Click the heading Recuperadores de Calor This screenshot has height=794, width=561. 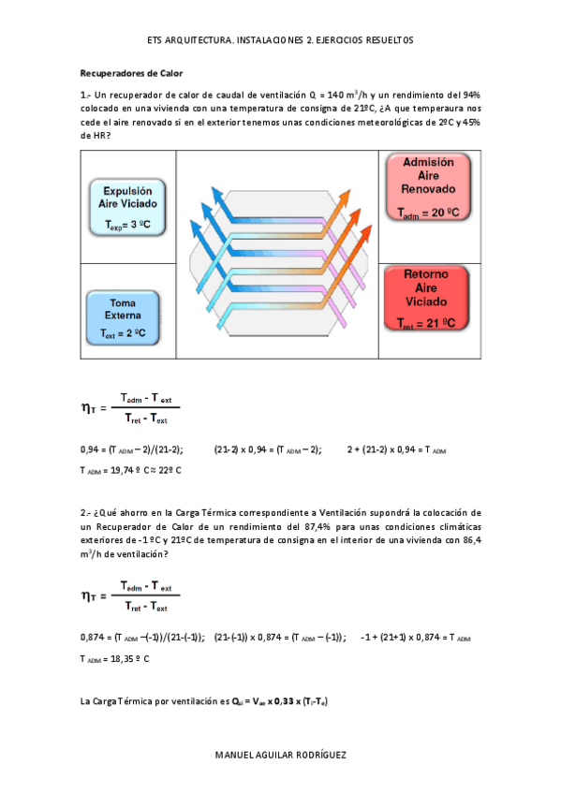click(x=131, y=72)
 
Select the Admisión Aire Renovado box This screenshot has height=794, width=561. click(x=427, y=188)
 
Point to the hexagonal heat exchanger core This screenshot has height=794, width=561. click(x=279, y=253)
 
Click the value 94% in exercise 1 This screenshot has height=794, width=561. click(x=468, y=95)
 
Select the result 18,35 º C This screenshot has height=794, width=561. click(x=127, y=658)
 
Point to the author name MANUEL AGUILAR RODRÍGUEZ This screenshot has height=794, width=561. click(x=280, y=755)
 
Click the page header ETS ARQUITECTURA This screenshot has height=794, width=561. click(x=188, y=40)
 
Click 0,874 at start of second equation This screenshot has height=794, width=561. click(x=93, y=638)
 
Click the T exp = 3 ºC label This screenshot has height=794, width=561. click(x=127, y=226)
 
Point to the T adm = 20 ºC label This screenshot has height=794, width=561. click(x=427, y=214)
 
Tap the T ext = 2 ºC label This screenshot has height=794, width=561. click(x=129, y=333)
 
